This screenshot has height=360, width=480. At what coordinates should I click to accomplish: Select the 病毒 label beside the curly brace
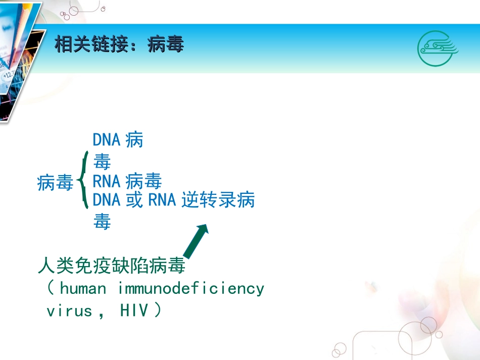click(x=56, y=183)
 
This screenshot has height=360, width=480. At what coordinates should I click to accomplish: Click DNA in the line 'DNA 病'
click(x=107, y=140)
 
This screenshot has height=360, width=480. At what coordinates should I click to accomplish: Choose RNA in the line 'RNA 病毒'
click(x=107, y=181)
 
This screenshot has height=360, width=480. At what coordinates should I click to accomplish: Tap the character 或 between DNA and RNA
click(x=134, y=200)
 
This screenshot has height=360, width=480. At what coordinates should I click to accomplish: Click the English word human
click(x=83, y=289)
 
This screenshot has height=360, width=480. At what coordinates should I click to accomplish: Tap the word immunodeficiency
click(x=191, y=289)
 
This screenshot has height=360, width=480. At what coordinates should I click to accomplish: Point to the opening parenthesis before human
click(x=51, y=289)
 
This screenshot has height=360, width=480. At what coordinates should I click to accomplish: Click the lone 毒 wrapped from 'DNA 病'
click(x=102, y=162)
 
